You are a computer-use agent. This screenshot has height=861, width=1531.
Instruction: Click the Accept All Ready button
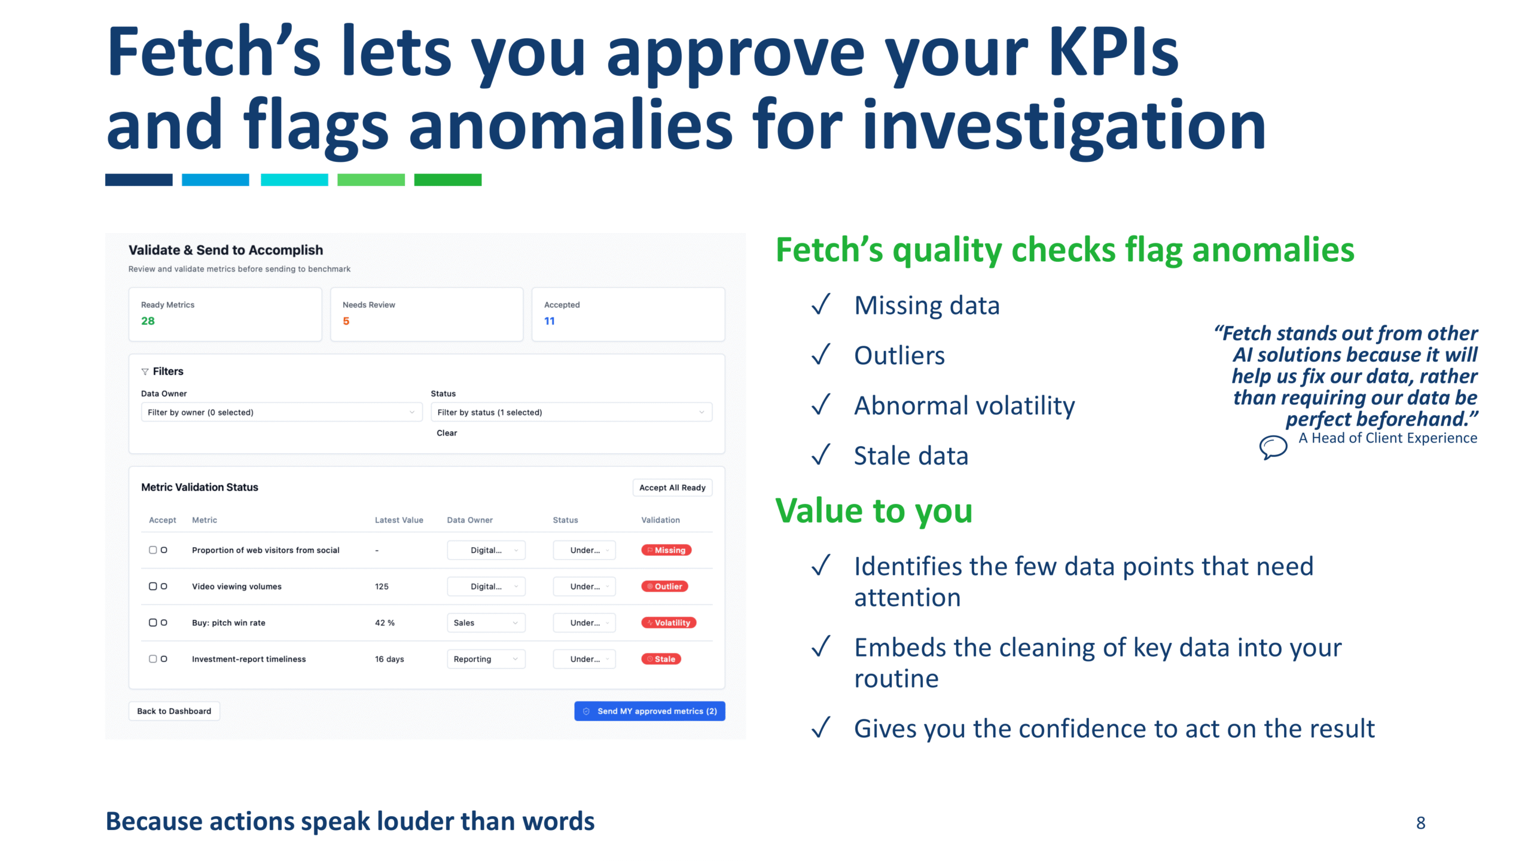pyautogui.click(x=672, y=487)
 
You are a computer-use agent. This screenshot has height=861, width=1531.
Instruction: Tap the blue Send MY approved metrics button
pyautogui.click(x=649, y=711)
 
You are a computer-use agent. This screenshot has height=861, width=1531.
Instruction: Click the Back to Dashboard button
pyautogui.click(x=174, y=711)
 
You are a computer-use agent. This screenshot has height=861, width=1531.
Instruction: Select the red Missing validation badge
pyautogui.click(x=666, y=550)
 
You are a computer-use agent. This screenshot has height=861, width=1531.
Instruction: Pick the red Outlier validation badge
pyautogui.click(x=664, y=587)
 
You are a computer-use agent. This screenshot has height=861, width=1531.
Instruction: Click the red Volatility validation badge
pyautogui.click(x=668, y=622)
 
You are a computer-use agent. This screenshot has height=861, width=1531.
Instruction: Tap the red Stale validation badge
pyautogui.click(x=661, y=659)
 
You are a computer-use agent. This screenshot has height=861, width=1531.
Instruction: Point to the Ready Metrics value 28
pyautogui.click(x=148, y=321)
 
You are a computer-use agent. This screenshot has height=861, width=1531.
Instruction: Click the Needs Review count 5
pyautogui.click(x=346, y=321)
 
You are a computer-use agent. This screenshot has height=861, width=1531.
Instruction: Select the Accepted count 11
pyautogui.click(x=549, y=321)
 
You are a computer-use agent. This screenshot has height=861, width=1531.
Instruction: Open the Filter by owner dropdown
pyautogui.click(x=281, y=413)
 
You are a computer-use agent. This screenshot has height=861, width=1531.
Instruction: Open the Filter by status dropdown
pyautogui.click(x=571, y=413)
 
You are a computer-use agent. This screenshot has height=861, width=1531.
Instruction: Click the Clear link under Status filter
pyautogui.click(x=446, y=433)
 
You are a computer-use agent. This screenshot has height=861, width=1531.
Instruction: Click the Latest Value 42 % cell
pyautogui.click(x=385, y=622)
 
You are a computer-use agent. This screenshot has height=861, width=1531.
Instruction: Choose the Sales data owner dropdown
pyautogui.click(x=486, y=622)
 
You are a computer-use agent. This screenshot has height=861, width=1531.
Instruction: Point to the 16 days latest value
pyautogui.click(x=389, y=659)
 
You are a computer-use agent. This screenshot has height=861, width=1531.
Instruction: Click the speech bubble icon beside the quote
pyautogui.click(x=1273, y=446)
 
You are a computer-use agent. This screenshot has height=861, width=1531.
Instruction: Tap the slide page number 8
pyautogui.click(x=1420, y=823)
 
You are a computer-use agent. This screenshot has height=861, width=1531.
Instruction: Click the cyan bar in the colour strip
pyautogui.click(x=294, y=179)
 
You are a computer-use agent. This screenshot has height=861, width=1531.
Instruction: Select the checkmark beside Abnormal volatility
pyautogui.click(x=821, y=405)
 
